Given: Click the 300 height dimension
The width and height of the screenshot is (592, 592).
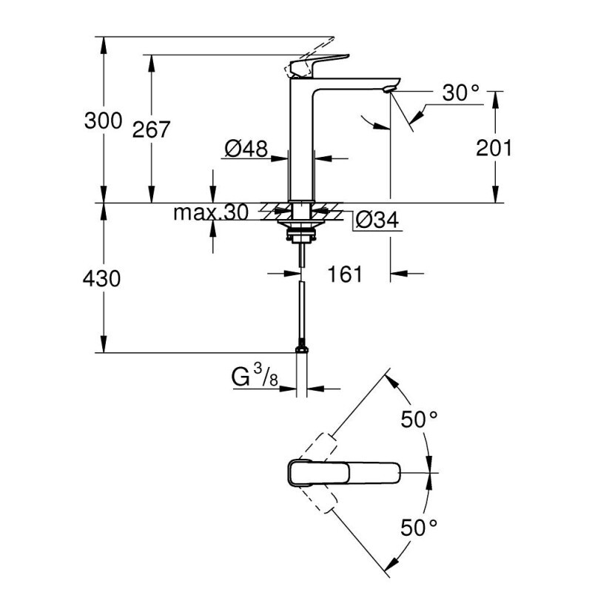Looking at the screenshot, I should [x=102, y=120].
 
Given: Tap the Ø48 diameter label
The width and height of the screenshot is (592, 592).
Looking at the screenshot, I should [x=245, y=149].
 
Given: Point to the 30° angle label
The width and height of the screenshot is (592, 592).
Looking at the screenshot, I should [x=461, y=92].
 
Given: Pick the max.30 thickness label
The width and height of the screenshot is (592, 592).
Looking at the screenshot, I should [x=211, y=213].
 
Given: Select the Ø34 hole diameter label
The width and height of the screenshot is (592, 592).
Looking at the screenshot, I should [x=377, y=221].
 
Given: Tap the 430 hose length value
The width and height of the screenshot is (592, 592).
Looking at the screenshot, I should [x=102, y=279].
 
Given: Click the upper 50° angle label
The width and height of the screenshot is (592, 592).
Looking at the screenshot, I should [x=420, y=420].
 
